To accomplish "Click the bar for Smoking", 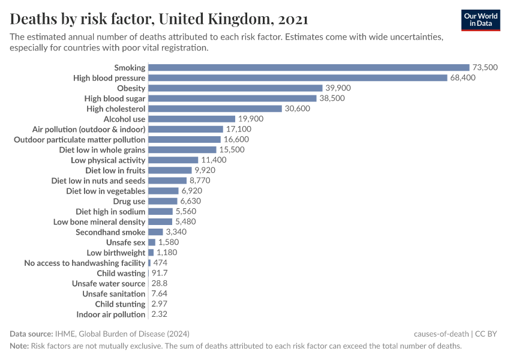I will [308, 68].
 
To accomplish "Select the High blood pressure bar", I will [298, 78].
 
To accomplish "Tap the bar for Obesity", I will [235, 88].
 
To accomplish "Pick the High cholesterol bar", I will [215, 109].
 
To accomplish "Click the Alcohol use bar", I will [191, 119].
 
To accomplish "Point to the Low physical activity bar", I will [173, 160].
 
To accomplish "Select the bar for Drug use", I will [163, 202].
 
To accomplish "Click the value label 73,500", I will [485, 68].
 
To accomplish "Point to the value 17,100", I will [238, 129].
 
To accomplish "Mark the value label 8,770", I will [200, 181].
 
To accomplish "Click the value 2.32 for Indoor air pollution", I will [159, 314].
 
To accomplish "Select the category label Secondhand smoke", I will [110, 232].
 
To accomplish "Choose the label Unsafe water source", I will [109, 284].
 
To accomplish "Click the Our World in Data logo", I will [481, 19].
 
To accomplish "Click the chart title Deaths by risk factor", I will [159, 19].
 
